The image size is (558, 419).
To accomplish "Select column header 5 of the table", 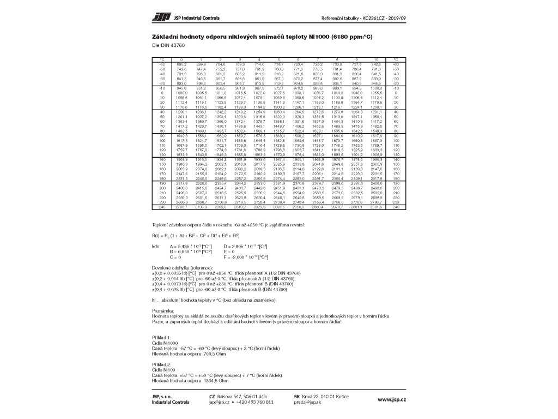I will pyautogui.click(x=278, y=59).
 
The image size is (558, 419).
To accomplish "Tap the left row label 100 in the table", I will pyautogui.click(x=162, y=140).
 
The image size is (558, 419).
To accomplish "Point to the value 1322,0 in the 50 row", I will pyautogui.click(x=278, y=117).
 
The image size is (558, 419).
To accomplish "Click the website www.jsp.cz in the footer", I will pyautogui.click(x=392, y=399).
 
